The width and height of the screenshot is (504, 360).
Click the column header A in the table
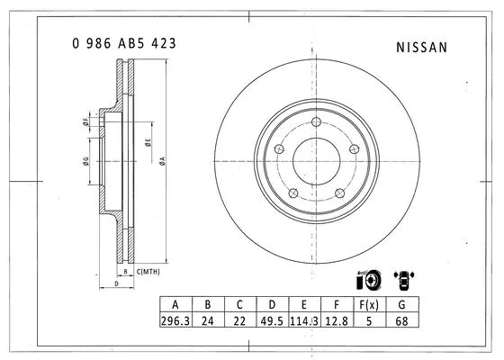tap(175, 305)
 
